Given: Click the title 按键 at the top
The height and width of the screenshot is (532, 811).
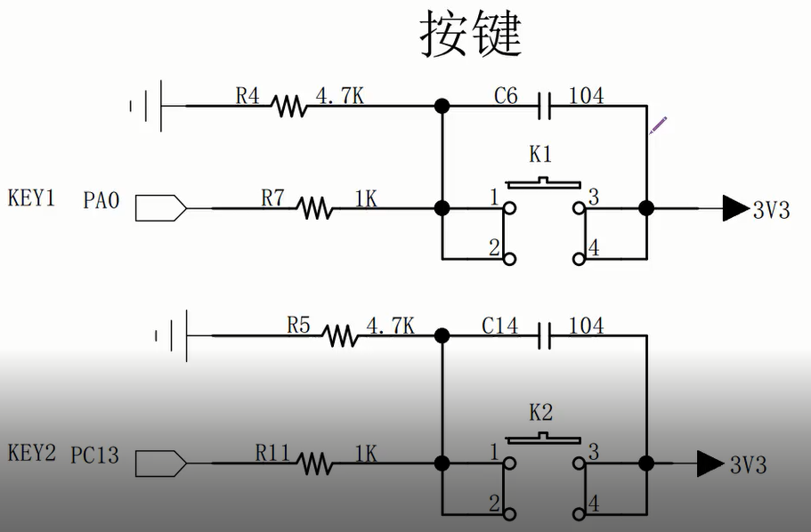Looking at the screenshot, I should tap(470, 36).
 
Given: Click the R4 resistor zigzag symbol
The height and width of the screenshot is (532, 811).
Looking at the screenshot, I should tap(289, 106).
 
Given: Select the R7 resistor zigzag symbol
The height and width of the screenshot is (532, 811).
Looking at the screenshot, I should tap(314, 209).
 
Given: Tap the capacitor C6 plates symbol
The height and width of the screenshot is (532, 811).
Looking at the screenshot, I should tap(546, 106).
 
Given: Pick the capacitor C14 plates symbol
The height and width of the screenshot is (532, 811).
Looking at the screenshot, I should tap(546, 336).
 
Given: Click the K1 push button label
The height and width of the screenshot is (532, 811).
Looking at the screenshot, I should tap(540, 155).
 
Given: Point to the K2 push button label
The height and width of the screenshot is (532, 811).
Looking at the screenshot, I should tap(540, 412).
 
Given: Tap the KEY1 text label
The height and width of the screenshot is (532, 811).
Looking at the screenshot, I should tap(31, 197).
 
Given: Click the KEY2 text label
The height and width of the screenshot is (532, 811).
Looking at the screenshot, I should tap(31, 453).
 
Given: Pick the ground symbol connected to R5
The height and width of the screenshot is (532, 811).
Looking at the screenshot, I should tap(174, 336).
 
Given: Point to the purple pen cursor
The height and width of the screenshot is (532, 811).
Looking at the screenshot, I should tap(657, 125).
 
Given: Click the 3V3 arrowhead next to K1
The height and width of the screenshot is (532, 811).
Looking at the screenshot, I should tap(734, 208).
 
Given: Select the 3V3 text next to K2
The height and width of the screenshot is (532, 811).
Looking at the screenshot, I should tap(748, 464).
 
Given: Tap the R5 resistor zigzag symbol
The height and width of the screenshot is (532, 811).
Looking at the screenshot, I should tap(339, 336).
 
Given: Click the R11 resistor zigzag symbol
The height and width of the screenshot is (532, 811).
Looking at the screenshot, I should tap(314, 463).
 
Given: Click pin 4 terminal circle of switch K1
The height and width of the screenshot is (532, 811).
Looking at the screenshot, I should tap(580, 259).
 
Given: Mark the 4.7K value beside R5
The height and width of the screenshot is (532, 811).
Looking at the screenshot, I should tap(390, 326).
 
